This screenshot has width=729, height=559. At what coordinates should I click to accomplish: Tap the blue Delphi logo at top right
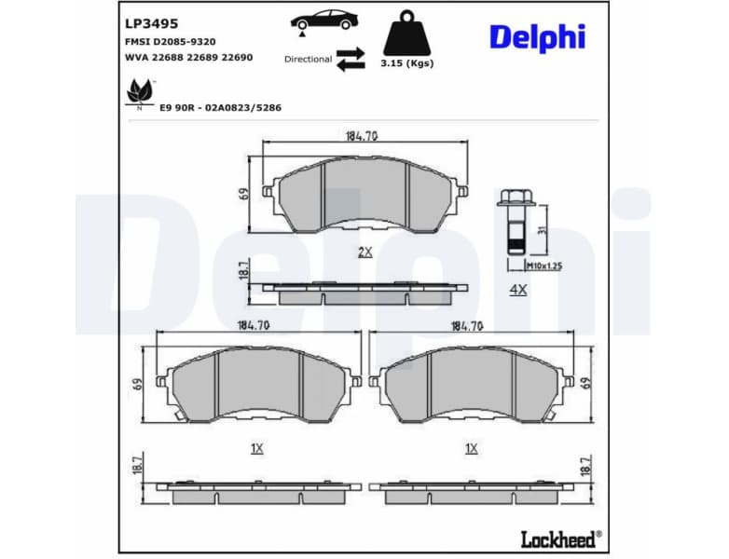tap(537, 37)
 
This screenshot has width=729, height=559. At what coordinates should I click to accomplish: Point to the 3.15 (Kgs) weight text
tap(407, 63)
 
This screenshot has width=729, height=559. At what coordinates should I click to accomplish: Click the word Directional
tap(308, 59)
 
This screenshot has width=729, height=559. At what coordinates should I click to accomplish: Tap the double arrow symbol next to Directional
tap(351, 58)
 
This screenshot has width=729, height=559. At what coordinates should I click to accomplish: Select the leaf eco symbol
tap(140, 92)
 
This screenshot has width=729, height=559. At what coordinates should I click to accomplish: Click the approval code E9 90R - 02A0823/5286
tap(220, 107)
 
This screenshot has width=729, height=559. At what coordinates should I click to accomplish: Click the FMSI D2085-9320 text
tap(170, 42)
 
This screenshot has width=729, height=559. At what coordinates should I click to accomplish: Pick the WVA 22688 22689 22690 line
tap(188, 57)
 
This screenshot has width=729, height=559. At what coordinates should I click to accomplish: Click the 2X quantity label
tap(364, 252)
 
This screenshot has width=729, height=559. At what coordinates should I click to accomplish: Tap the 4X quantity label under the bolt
tap(518, 290)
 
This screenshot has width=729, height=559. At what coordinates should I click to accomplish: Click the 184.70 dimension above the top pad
tap(362, 136)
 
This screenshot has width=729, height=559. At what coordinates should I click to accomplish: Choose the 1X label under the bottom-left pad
tap(257, 448)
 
